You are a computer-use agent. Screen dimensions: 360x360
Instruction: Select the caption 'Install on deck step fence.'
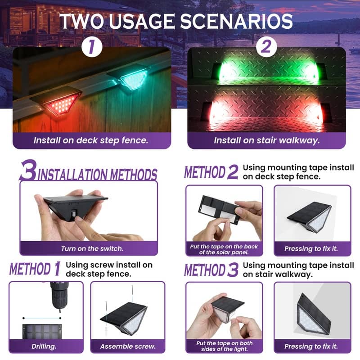91,140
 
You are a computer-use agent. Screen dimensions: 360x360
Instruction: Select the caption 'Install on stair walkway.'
266,140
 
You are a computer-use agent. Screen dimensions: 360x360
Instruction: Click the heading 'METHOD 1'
35,269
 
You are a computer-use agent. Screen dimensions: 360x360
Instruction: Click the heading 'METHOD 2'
211,172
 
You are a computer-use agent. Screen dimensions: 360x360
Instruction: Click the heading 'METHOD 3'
211,270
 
